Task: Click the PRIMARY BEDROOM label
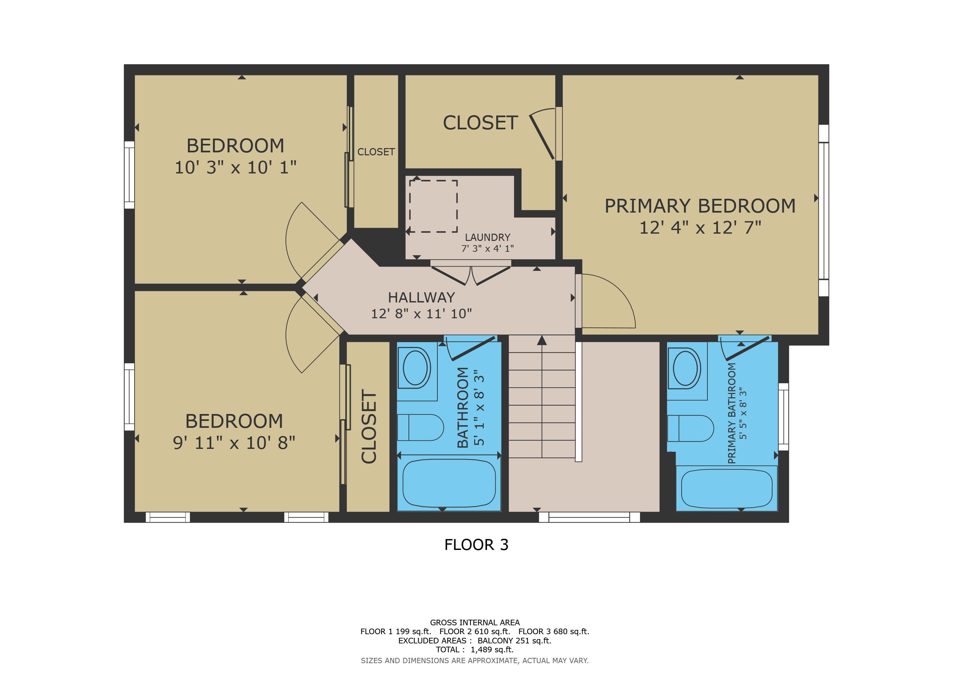[x=700, y=206]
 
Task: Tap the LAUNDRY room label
[x=487, y=237]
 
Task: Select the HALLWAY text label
[x=421, y=297]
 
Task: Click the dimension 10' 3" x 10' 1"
[x=235, y=168]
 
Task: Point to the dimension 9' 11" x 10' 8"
[x=234, y=443]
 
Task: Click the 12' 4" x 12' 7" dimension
[x=700, y=228]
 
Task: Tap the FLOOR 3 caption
[x=476, y=545]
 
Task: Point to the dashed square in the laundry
[x=433, y=206]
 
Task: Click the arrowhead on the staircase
[x=542, y=340]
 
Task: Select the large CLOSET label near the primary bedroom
[x=480, y=123]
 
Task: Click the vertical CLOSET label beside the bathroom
[x=369, y=426]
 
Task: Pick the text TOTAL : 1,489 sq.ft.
[x=475, y=650]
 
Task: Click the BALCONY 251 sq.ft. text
[x=514, y=640]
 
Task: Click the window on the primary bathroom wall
[x=783, y=417]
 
